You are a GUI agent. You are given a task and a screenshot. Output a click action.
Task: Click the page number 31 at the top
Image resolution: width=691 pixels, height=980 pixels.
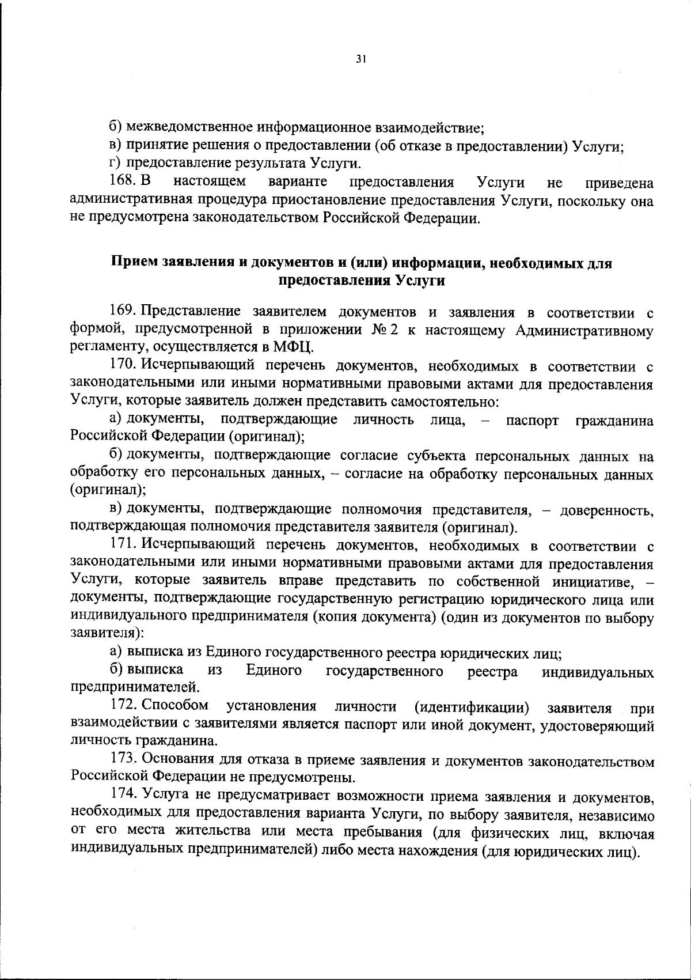(x=361, y=59)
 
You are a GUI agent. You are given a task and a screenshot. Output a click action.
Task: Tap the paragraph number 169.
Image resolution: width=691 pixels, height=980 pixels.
(x=122, y=312)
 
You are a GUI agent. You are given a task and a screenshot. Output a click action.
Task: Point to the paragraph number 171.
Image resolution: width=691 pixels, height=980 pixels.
(x=122, y=545)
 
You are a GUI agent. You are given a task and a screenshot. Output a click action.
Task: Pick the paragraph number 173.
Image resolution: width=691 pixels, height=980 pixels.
(x=122, y=761)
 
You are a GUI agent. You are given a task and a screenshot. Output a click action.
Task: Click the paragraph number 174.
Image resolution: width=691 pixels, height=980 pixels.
(x=122, y=797)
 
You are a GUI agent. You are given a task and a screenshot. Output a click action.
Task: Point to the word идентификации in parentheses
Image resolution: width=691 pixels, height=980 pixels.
(x=472, y=706)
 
